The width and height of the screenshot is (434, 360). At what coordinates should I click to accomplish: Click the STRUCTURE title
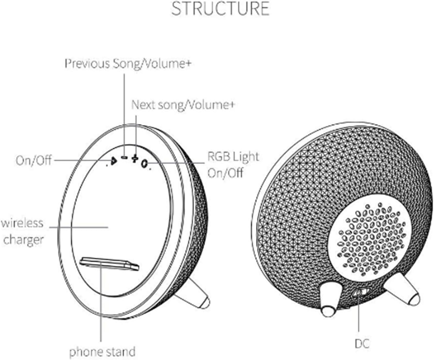point(220,9)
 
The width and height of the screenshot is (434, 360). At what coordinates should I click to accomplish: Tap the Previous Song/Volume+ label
point(128,63)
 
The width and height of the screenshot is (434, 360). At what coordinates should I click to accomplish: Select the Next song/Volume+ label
point(183,105)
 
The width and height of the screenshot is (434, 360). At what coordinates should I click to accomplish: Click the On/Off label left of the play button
point(34,161)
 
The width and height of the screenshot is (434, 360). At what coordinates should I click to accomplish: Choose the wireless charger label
point(23,231)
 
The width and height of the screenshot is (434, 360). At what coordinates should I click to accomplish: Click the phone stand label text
point(102,352)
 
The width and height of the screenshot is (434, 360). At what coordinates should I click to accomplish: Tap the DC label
point(362,343)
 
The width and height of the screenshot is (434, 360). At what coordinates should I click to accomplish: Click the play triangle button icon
point(114,161)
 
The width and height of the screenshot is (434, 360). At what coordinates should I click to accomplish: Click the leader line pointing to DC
point(359,316)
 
